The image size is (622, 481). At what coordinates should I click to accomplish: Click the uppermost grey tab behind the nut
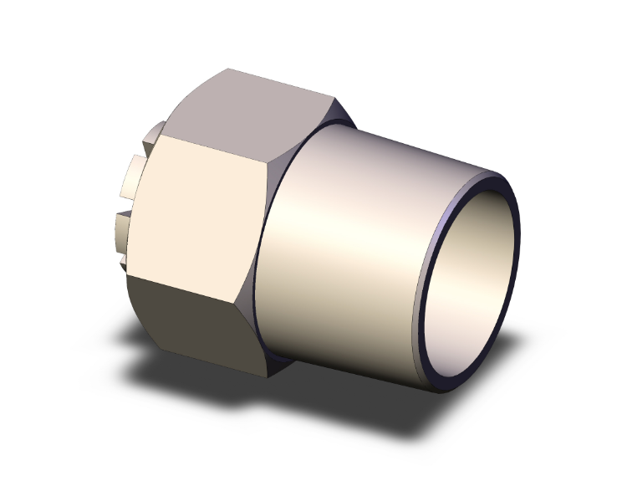[152, 134]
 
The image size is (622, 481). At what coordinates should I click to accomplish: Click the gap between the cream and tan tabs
[125, 205]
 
